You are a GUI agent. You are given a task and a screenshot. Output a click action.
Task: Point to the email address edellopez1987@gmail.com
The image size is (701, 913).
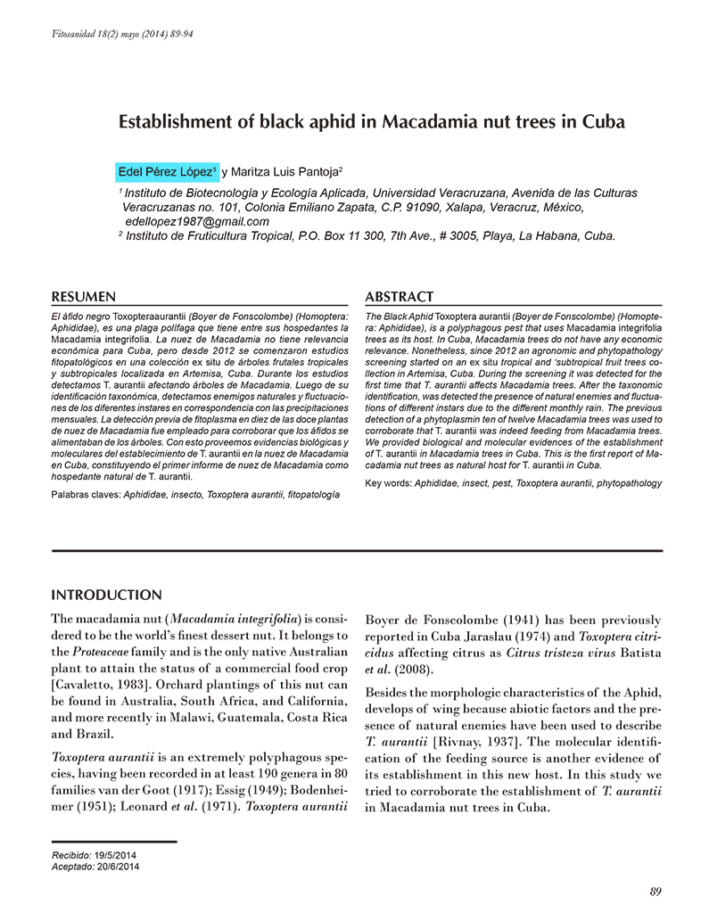click(x=197, y=221)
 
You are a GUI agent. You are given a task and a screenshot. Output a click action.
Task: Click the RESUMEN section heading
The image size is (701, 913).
click(x=84, y=296)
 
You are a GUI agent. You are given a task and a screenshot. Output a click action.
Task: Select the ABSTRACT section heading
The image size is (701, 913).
click(x=400, y=296)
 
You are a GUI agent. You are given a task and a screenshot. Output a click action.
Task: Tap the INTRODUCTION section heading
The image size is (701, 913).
click(x=107, y=595)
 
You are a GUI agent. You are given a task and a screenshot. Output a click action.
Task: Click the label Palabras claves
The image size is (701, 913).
click(x=85, y=493)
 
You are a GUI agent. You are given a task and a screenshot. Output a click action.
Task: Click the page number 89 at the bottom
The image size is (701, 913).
click(x=656, y=891)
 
